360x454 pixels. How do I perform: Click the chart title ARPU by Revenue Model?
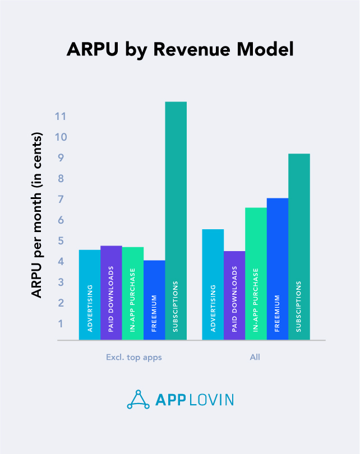180,49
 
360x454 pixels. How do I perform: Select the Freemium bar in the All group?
278,269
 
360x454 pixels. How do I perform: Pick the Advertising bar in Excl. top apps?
90,295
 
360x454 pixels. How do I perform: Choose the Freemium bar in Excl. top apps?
154,300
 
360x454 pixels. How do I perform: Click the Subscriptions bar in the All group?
299,247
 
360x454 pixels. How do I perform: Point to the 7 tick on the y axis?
61,200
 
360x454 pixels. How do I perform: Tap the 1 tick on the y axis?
61,324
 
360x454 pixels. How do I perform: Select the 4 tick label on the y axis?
61,262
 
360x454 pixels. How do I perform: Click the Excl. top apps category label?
133,357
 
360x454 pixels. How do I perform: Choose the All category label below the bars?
256,357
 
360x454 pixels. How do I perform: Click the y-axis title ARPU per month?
37,215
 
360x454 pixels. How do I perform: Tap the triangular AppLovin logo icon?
139,399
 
